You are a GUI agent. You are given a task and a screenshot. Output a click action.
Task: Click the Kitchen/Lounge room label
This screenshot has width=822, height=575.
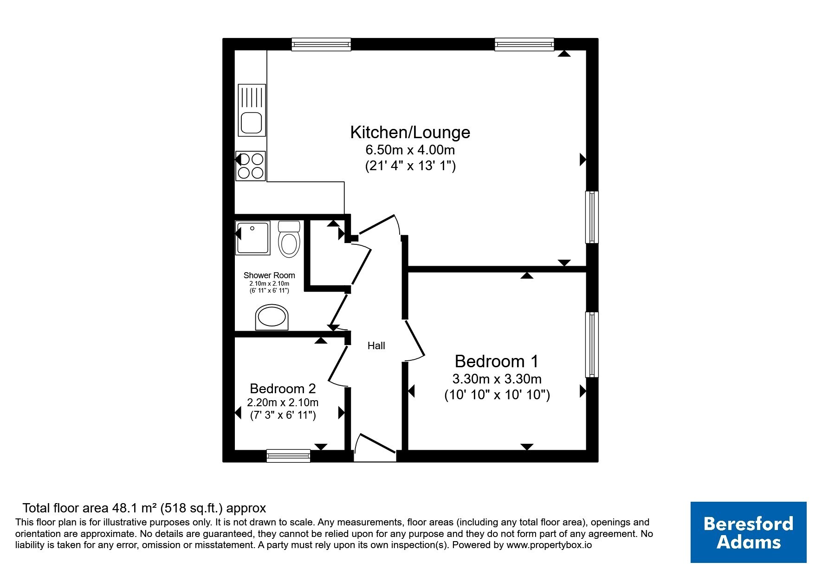pos(410,133)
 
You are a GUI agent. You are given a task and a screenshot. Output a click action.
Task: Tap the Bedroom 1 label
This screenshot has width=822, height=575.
pos(497,361)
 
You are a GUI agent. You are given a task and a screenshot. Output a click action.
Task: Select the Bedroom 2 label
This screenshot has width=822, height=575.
pos(283,388)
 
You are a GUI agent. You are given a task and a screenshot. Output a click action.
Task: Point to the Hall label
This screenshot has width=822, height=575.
pos(376,345)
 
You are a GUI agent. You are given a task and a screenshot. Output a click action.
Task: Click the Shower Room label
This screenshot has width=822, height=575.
pos(269,275)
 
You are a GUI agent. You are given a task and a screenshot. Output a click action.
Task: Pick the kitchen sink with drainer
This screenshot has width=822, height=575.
pos(252,110)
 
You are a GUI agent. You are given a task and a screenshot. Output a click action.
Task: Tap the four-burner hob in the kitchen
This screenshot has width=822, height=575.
pos(251,166)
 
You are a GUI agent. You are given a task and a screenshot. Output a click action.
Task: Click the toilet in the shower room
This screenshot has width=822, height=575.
pos(289,239)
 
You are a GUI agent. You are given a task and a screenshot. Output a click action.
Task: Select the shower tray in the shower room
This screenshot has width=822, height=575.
pos(253,238)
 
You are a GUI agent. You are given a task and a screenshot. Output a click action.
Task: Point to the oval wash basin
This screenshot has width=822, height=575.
pos(272,318)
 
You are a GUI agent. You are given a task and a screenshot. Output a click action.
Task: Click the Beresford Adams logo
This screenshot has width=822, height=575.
pos(748,532)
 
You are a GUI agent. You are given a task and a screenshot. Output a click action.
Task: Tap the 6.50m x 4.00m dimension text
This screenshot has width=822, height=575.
pos(410,150)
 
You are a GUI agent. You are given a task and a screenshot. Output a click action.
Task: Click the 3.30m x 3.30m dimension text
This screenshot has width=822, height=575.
pos(497,379)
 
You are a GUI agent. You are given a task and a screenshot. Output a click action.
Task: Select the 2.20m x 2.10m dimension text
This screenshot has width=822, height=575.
pos(283,402)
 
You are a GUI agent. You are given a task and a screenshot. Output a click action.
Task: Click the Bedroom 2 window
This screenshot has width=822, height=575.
pos(288,456)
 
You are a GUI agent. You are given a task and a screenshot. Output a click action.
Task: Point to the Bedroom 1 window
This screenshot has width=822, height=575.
pos(592,345)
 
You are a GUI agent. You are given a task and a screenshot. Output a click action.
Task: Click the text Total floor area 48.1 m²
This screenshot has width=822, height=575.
pos(90,508)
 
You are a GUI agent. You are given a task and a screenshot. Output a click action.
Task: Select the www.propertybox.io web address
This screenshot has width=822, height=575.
pos(549,545)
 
